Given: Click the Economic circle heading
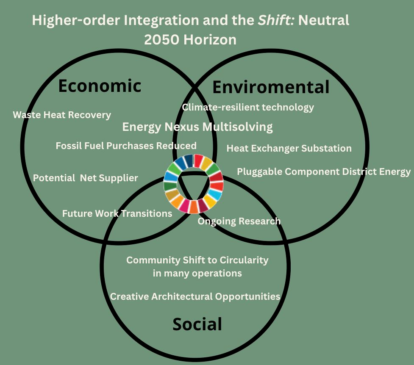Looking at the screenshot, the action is pyautogui.click(x=100, y=86).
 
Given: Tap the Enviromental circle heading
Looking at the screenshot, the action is pyautogui.click(x=271, y=87).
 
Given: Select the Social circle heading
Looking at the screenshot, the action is pyautogui.click(x=197, y=324).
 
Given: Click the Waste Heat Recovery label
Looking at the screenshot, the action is pyautogui.click(x=62, y=115).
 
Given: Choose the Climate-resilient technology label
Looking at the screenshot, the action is pyautogui.click(x=248, y=108).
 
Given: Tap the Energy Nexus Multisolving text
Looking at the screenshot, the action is pyautogui.click(x=197, y=127).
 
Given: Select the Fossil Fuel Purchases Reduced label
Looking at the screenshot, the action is pyautogui.click(x=126, y=146).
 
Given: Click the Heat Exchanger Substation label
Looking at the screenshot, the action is pyautogui.click(x=289, y=148).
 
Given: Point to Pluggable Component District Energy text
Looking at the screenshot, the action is pyautogui.click(x=324, y=172).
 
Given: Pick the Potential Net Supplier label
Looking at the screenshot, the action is pyautogui.click(x=86, y=178).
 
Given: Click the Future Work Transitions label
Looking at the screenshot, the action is pyautogui.click(x=117, y=213).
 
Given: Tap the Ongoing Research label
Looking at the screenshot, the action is pyautogui.click(x=239, y=221).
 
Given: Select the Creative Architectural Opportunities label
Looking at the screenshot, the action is pyautogui.click(x=195, y=296).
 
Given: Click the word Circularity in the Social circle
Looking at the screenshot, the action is pyautogui.click(x=244, y=260).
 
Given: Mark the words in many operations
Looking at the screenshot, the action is pyautogui.click(x=197, y=273).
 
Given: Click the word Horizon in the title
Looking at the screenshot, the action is pyautogui.click(x=210, y=40).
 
